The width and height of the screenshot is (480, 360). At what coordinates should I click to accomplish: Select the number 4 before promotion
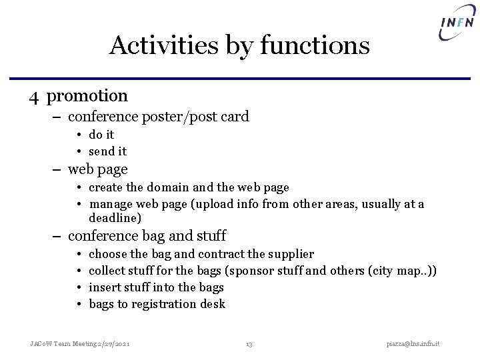tap(35, 97)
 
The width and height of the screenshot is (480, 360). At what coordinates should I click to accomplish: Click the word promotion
tap(87, 96)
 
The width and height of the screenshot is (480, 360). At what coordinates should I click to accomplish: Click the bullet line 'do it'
tap(101, 135)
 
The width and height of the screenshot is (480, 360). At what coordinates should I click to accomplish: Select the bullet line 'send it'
tap(107, 151)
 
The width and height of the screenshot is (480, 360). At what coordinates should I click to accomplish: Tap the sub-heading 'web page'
tap(97, 169)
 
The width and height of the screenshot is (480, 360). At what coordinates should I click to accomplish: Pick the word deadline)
tap(115, 218)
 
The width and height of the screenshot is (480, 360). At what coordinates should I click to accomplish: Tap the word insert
tap(105, 287)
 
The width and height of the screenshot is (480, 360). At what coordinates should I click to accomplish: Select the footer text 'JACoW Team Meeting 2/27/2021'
tap(80, 343)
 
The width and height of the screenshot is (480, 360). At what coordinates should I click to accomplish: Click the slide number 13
tap(249, 344)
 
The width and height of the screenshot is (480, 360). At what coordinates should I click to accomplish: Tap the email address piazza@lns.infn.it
tap(417, 343)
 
